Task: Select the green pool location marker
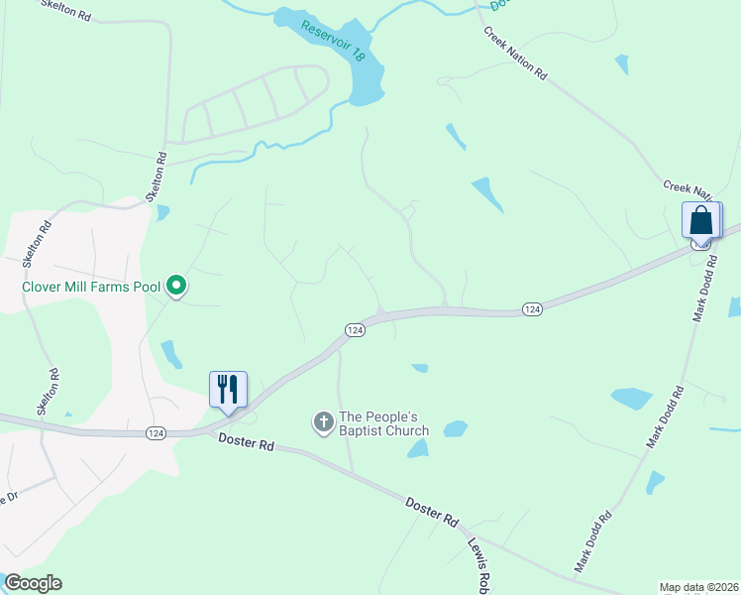(x=177, y=287)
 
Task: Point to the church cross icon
(x=323, y=422)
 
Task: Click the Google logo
(x=33, y=583)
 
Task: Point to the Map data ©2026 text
(x=699, y=587)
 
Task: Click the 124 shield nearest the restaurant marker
(x=155, y=433)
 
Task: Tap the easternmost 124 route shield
(x=532, y=310)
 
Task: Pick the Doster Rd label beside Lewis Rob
(x=433, y=512)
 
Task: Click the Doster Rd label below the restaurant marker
(x=246, y=446)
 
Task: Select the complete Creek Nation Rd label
(x=515, y=54)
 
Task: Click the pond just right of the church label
(x=455, y=429)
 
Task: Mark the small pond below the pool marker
(x=171, y=353)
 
